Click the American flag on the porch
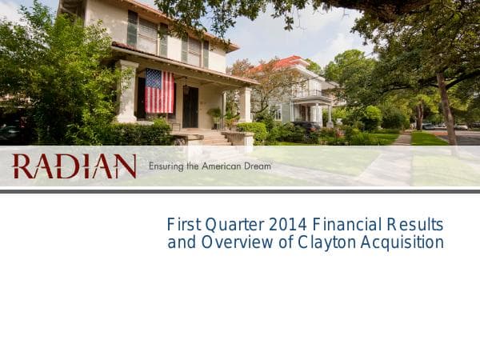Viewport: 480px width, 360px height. click(x=159, y=90)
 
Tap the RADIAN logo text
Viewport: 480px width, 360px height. click(x=74, y=166)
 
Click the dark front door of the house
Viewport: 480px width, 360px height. click(x=190, y=106)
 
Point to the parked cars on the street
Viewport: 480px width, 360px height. click(x=449, y=126)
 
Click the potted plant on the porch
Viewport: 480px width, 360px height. click(x=214, y=117)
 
